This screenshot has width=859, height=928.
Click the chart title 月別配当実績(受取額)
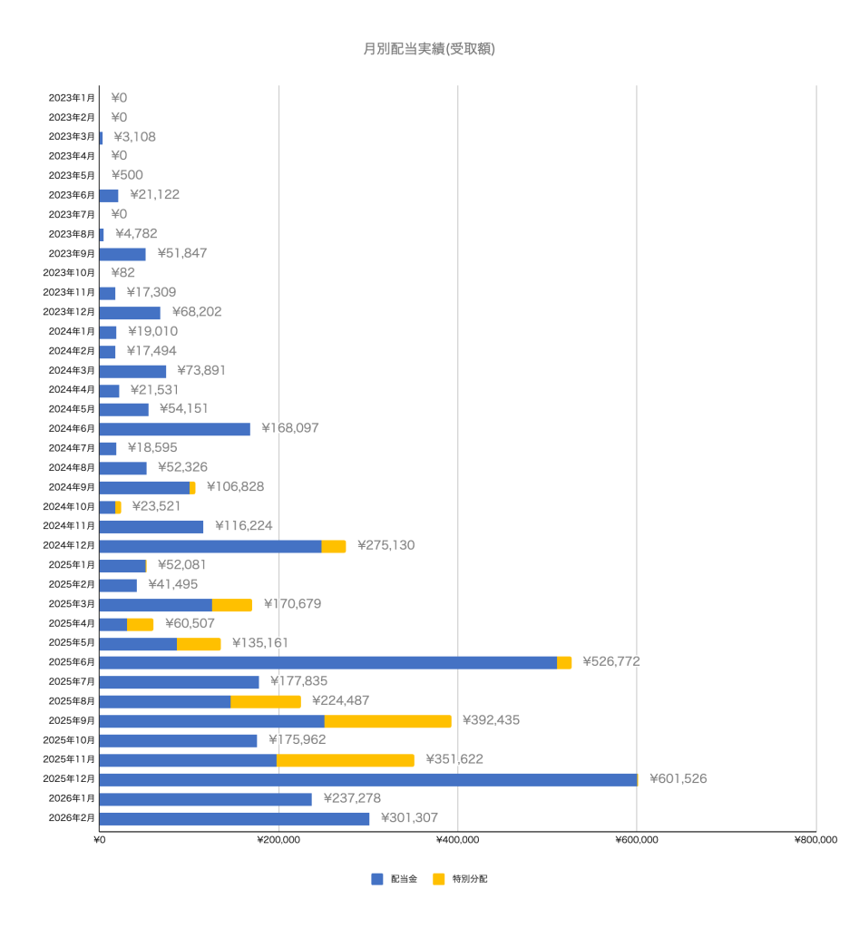point(428,49)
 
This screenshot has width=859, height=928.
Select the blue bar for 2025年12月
point(367,779)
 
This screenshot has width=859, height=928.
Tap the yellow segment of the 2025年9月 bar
point(387,721)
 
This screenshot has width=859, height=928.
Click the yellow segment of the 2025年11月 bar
point(346,760)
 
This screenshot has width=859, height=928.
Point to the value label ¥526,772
point(610,662)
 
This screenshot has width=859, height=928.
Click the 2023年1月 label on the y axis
point(72,98)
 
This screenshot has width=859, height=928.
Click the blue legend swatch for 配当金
point(377,879)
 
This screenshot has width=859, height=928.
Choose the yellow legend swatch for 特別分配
point(439,879)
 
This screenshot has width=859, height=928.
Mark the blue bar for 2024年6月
point(174,429)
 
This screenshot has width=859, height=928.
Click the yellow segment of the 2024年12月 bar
point(333,546)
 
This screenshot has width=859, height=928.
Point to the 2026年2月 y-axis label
point(72,818)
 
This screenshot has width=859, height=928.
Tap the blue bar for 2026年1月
point(205,799)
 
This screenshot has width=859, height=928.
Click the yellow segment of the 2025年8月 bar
point(265,701)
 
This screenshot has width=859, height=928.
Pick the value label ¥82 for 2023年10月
point(122,273)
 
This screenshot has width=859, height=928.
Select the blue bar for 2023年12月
point(129,312)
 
